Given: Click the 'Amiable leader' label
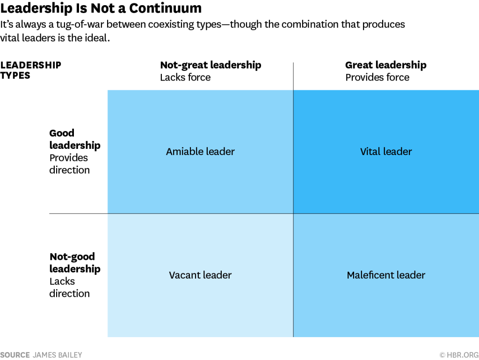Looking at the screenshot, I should click(200, 152).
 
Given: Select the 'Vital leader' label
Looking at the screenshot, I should click(386, 152).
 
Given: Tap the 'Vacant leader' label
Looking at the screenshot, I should click(200, 275).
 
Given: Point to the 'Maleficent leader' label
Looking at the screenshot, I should click(386, 275).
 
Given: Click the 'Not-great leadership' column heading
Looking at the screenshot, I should click(210, 65).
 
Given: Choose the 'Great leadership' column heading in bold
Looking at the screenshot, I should click(385, 65).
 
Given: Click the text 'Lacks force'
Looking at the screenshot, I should click(185, 77).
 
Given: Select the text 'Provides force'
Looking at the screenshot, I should click(377, 77).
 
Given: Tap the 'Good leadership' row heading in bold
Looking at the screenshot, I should click(74, 139).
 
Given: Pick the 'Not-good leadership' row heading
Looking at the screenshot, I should click(74, 263).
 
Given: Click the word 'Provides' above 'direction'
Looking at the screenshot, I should click(69, 158).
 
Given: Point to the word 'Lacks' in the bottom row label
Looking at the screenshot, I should click(62, 281).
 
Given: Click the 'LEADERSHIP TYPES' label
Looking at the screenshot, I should click(30, 70).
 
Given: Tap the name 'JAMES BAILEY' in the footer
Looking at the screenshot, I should click(57, 355).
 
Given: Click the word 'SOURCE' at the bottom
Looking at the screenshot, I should click(15, 355).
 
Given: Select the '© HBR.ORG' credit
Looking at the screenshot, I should click(458, 355).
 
